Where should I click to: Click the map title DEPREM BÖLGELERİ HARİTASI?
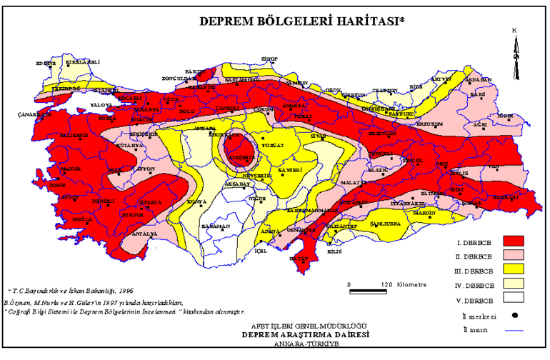pyautogui.click(x=300, y=21)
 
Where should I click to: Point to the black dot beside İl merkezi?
pyautogui.click(x=515, y=315)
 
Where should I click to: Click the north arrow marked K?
pyautogui.click(x=514, y=50)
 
